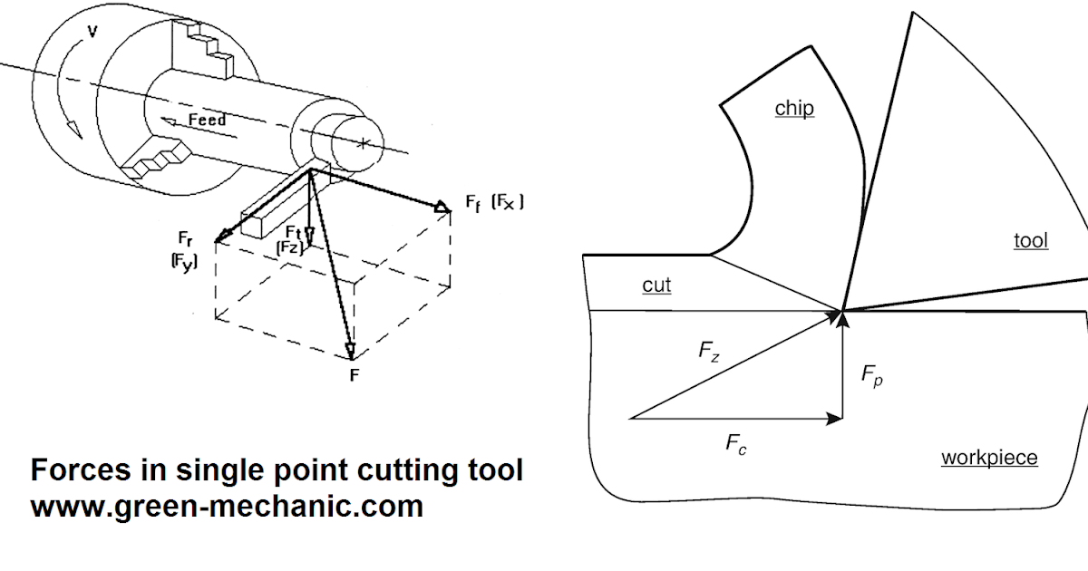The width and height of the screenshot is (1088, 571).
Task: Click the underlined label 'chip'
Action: click(794, 110)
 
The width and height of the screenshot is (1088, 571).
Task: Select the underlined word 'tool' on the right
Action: click(1031, 241)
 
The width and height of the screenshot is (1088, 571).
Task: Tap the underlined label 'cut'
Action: click(656, 285)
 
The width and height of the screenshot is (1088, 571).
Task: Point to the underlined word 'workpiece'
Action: click(989, 458)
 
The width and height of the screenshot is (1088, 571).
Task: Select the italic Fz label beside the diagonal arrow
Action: click(710, 353)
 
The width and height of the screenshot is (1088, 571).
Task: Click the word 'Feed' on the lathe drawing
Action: click(207, 121)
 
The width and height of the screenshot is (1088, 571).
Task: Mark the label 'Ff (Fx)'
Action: click(495, 203)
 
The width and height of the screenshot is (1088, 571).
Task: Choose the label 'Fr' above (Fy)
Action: click(186, 239)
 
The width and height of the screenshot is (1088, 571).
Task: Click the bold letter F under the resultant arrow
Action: click(355, 373)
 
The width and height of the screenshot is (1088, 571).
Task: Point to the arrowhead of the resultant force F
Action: click(349, 353)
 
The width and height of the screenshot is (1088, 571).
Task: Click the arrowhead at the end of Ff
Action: click(442, 208)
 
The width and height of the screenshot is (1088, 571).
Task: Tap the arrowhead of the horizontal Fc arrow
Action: click(834, 419)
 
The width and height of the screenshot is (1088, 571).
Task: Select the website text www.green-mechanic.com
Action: click(227, 506)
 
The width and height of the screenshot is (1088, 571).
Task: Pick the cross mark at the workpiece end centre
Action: click(363, 143)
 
